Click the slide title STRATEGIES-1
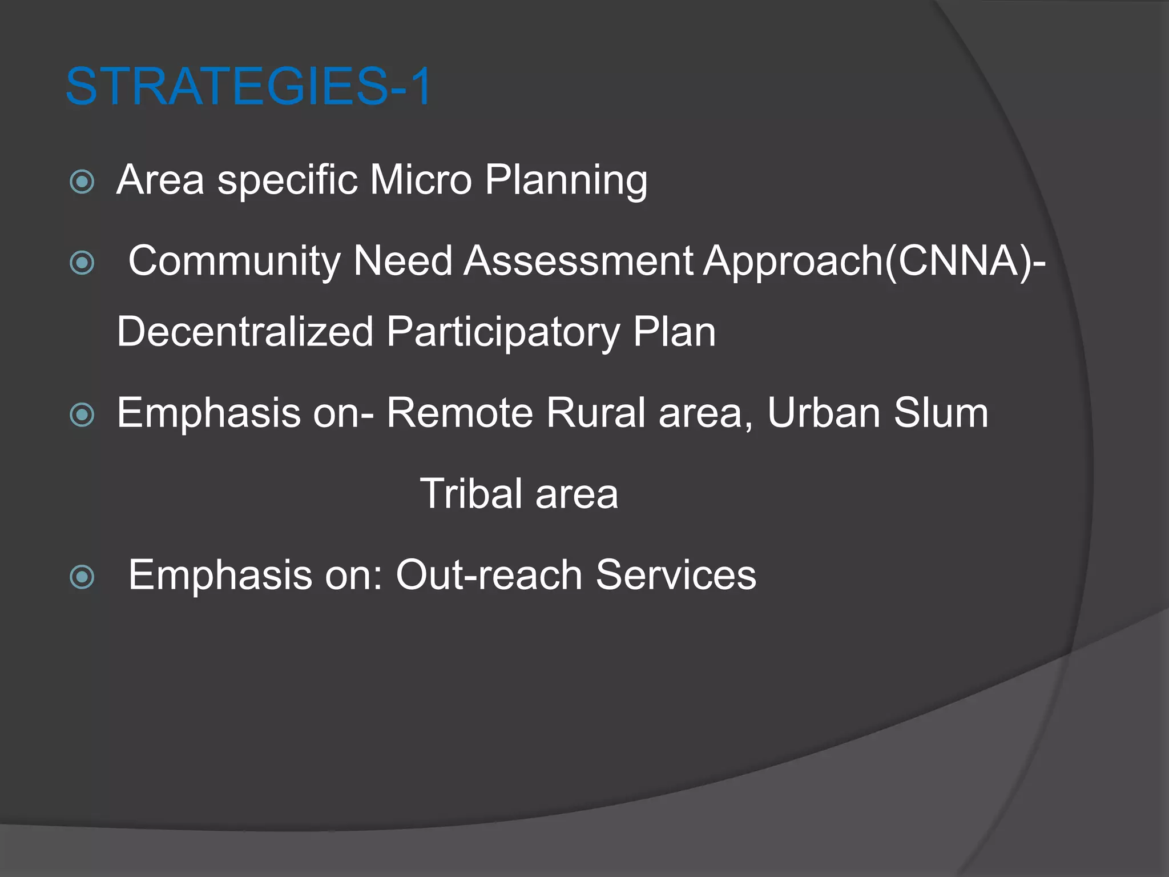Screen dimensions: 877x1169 [249, 86]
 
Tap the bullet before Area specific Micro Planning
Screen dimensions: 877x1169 [82, 182]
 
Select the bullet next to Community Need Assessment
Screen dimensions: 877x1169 [82, 263]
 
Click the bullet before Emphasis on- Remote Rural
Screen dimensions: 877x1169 [82, 415]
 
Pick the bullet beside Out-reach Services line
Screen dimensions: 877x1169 [82, 577]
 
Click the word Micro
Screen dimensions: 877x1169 [420, 180]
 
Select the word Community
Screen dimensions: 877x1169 [234, 262]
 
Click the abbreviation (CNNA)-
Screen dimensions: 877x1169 [965, 262]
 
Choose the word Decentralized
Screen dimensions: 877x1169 [245, 332]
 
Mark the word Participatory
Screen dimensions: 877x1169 [503, 333]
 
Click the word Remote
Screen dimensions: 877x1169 [459, 413]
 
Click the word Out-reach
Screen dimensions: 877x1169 [489, 575]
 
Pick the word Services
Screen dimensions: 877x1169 [676, 575]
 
